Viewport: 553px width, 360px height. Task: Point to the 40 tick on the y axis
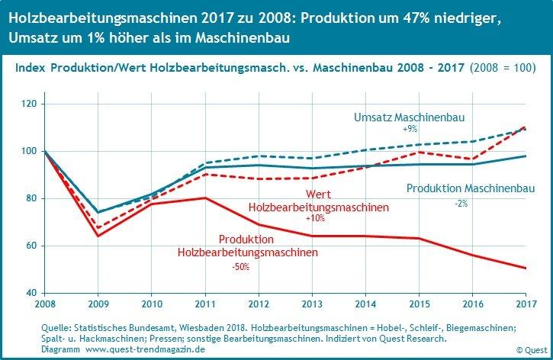[33, 293]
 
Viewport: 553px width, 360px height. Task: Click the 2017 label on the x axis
[526, 303]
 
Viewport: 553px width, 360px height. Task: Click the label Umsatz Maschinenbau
[409, 117]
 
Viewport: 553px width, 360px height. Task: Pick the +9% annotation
[410, 130]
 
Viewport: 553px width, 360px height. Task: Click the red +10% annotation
[314, 219]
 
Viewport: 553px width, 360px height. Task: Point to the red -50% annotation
[240, 267]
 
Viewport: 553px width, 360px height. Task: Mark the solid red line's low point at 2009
[98, 236]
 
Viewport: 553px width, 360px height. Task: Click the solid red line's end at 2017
[526, 268]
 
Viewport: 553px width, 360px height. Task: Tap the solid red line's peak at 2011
[205, 198]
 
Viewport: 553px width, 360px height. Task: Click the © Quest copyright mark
[529, 350]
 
